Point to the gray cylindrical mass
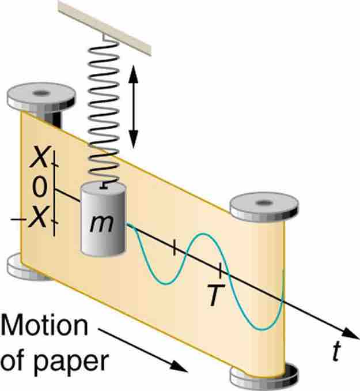102,219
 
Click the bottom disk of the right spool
265,375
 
